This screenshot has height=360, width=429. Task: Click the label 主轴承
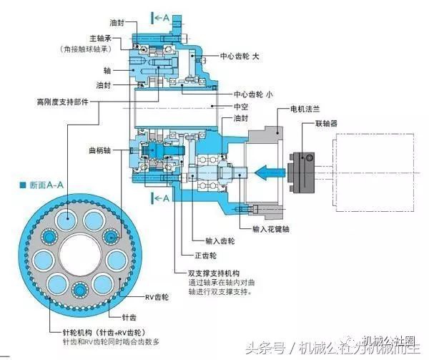99,38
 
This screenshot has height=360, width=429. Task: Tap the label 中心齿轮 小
251,94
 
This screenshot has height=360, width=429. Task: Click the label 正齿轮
204,255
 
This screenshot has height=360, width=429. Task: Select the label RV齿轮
156,296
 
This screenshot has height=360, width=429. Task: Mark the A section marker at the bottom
162,198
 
